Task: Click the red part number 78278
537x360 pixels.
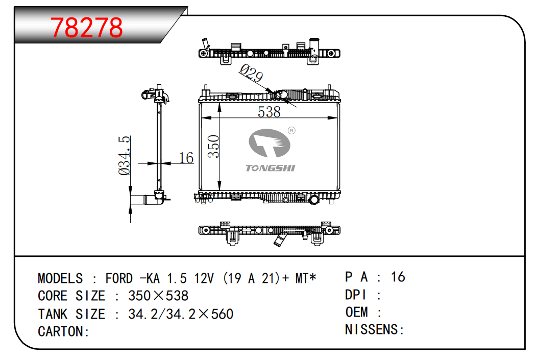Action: (x=87, y=28)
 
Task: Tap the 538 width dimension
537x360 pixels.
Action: (x=269, y=112)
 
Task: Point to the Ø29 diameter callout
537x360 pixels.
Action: (x=251, y=75)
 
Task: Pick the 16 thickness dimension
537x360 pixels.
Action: (x=187, y=158)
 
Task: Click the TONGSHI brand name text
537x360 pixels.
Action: (x=270, y=168)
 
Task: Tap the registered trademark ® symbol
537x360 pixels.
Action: (x=291, y=130)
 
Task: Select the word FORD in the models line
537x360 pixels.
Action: (x=119, y=279)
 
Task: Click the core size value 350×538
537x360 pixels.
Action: (x=158, y=296)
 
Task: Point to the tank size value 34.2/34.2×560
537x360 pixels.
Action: (x=181, y=314)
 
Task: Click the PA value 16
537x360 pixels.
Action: (x=398, y=277)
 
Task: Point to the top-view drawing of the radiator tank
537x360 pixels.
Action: (x=269, y=53)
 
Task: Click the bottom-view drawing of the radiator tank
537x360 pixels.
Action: (x=269, y=232)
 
